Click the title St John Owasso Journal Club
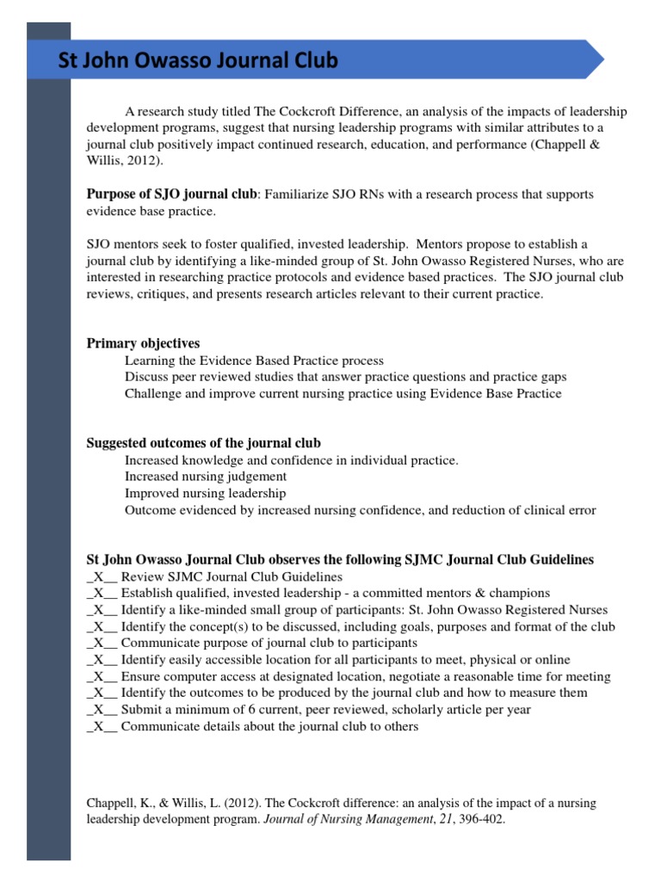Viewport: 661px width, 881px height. point(197,61)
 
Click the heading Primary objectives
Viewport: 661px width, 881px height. point(143,343)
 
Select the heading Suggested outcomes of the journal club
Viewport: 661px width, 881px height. point(203,443)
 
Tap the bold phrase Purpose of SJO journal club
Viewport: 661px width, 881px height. point(171,194)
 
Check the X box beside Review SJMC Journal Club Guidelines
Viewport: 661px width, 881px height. point(102,577)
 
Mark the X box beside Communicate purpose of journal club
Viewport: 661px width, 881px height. point(102,644)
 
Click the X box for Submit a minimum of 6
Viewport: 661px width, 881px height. point(102,710)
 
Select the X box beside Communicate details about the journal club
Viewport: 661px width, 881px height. point(102,727)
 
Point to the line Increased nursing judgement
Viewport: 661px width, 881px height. point(206,477)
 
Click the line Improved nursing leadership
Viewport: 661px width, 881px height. point(205,494)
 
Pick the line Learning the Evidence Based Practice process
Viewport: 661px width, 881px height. point(254,360)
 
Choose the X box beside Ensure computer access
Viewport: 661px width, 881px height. point(102,677)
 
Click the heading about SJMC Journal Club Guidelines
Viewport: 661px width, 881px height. point(340,560)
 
